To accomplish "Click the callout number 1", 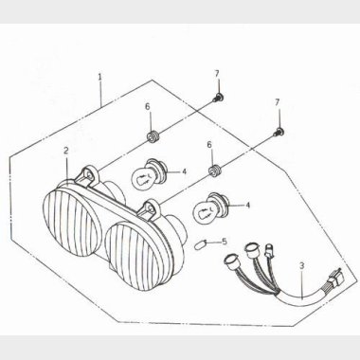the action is point(99,77).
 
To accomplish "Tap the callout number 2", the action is point(65,151).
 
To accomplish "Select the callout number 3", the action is point(302,266).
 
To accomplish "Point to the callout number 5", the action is point(225,242).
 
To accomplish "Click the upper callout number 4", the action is point(184,171).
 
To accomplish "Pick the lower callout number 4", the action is point(247,206).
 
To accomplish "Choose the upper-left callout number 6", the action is point(148,107).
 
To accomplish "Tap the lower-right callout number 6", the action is point(209,145).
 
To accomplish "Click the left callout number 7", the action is point(217,74).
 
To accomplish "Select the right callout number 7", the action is point(278,102).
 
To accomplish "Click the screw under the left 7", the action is point(218,97).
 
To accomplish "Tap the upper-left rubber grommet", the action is point(153,136).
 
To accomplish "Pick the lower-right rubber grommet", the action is point(215,171).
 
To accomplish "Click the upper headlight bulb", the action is point(147,174).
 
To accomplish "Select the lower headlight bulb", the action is point(209,208).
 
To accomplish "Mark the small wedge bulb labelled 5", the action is point(201,245).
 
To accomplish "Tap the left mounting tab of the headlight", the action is point(88,175).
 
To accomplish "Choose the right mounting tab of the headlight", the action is point(151,209).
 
